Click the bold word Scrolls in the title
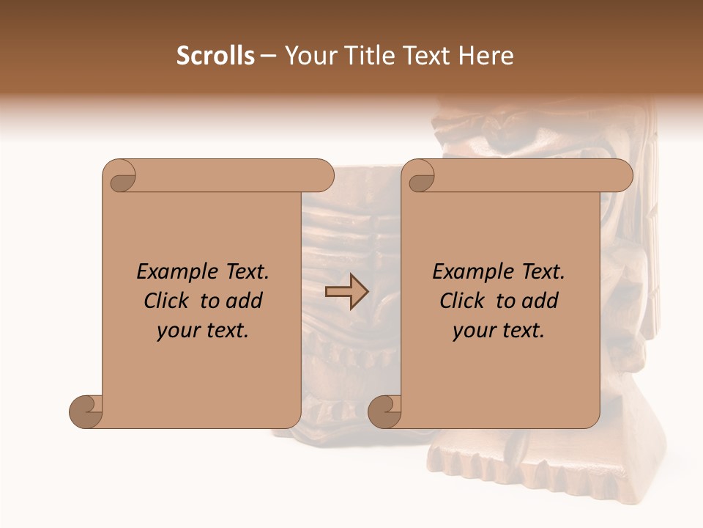(215, 56)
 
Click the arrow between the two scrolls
(346, 291)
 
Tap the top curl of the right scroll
(421, 177)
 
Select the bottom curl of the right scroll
(385, 411)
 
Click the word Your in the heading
(310, 56)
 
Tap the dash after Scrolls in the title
(269, 56)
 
